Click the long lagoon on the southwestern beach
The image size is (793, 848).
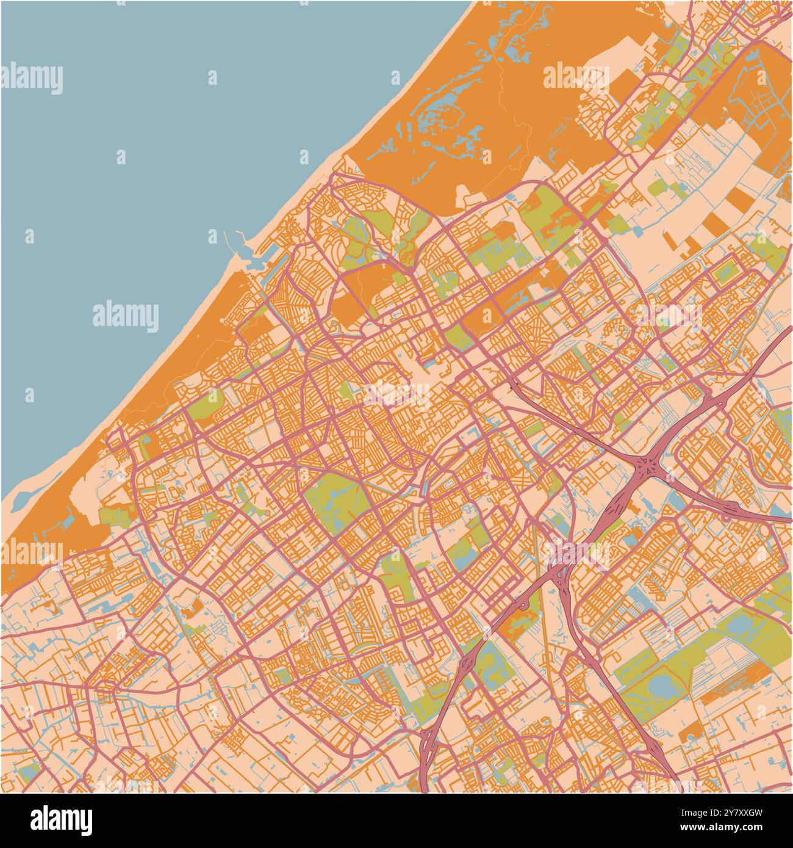(x=21, y=499)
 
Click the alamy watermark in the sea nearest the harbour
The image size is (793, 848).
(x=125, y=314)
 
